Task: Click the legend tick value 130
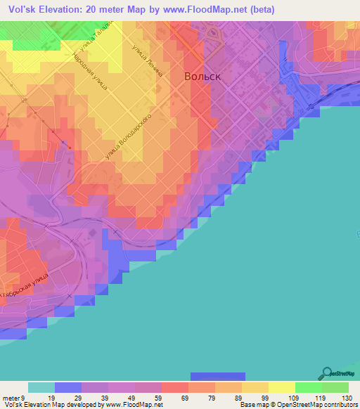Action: pyautogui.click(x=345, y=397)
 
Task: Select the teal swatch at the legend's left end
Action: pyautogui.click(x=41, y=387)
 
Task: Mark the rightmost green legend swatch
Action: pyautogui.click(x=335, y=387)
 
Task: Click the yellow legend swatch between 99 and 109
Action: pyautogui.click(x=281, y=387)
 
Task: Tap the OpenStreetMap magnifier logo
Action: pyautogui.click(x=326, y=374)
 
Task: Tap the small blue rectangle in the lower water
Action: pyautogui.click(x=218, y=376)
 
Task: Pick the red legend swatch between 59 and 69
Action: pyautogui.click(x=174, y=387)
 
